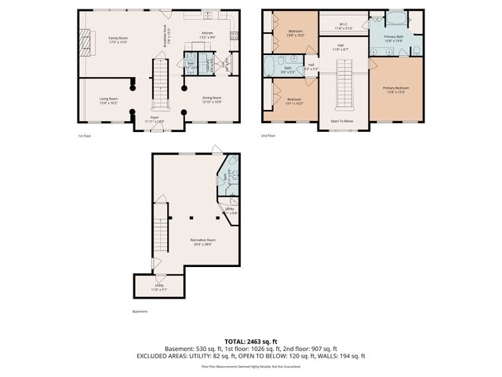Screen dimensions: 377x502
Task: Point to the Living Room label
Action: click(x=108, y=100)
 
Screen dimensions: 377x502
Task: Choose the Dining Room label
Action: click(x=213, y=100)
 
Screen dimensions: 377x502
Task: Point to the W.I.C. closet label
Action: click(x=344, y=26)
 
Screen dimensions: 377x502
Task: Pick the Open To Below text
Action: click(x=341, y=122)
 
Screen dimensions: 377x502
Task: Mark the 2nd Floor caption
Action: click(x=269, y=137)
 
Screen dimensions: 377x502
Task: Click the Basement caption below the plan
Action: click(x=140, y=310)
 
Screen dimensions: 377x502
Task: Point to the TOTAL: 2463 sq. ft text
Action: click(x=250, y=341)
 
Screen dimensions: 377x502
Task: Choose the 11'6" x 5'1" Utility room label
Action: click(x=159, y=288)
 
